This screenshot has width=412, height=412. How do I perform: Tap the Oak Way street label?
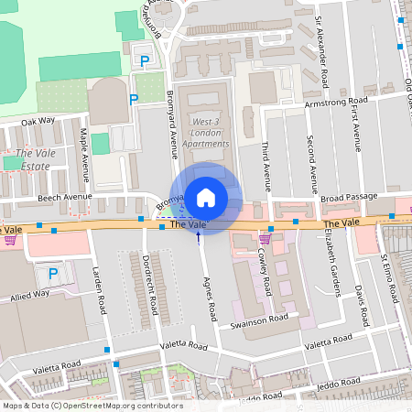38,120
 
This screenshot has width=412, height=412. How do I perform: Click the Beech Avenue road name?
65,197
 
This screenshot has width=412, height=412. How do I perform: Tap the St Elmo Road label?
392,279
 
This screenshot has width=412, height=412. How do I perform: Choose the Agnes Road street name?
210,298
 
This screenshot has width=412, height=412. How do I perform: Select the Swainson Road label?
260,322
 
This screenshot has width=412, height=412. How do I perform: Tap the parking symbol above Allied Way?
52,274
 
